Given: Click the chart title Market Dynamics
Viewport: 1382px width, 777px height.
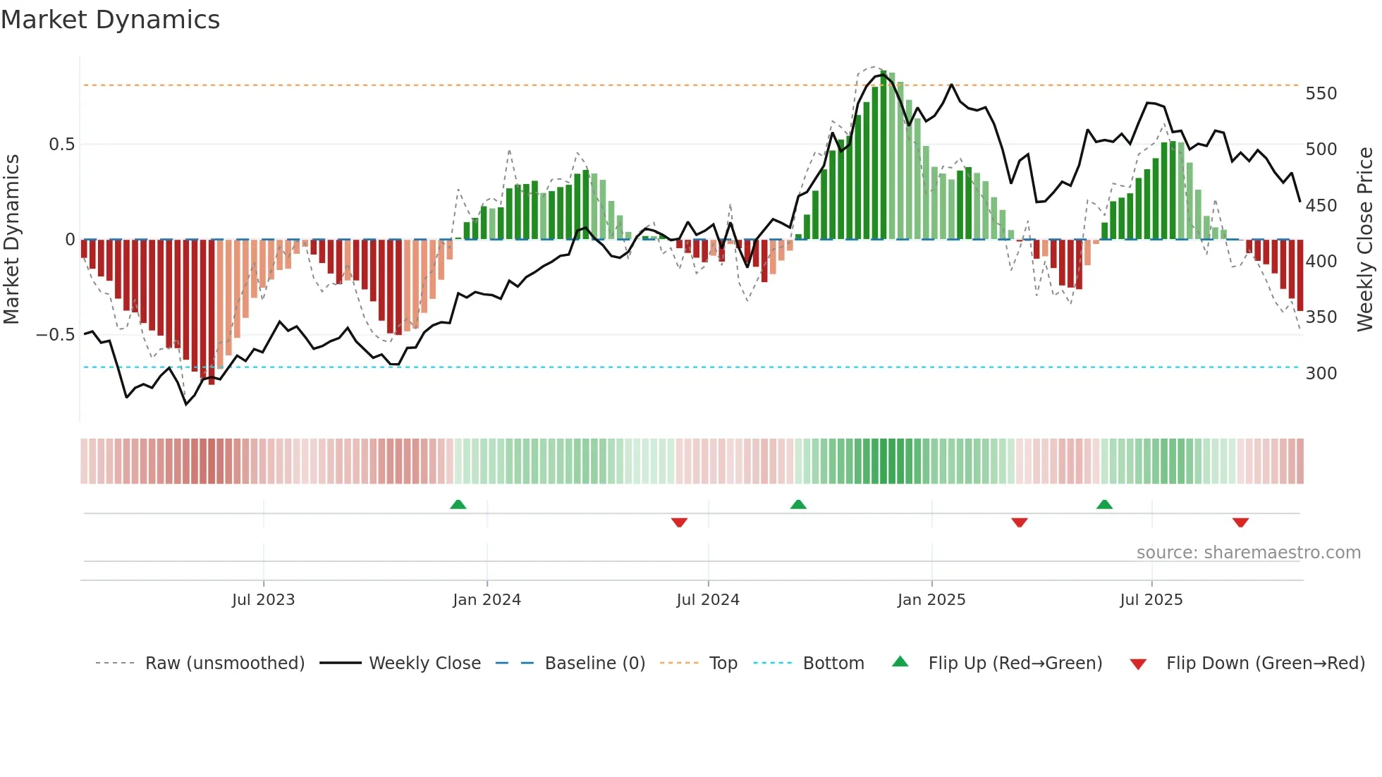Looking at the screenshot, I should [111, 20].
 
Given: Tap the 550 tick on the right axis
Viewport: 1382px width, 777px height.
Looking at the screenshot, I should [1321, 94].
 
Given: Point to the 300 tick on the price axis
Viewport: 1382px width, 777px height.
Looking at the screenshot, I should [1321, 373].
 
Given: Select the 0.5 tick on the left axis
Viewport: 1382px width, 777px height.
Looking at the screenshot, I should [61, 145].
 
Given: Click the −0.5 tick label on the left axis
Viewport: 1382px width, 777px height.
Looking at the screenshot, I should [56, 335].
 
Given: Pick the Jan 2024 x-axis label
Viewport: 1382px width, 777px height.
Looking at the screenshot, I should [487, 600].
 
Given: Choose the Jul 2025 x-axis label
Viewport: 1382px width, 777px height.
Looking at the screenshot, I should [1151, 600].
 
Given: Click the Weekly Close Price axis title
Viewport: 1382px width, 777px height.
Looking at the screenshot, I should [1365, 240].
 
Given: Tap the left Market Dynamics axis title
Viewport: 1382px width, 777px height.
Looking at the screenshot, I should [11, 240].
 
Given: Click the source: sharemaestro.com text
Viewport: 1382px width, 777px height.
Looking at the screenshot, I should [1248, 553].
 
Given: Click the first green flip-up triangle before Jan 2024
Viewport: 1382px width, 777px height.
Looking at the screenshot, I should [458, 504].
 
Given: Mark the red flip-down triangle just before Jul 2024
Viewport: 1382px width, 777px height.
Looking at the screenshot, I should [679, 522].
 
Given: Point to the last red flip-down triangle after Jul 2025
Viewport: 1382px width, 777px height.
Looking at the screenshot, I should [1240, 522].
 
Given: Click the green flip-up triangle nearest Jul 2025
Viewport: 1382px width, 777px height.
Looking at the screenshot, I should [1104, 504].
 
